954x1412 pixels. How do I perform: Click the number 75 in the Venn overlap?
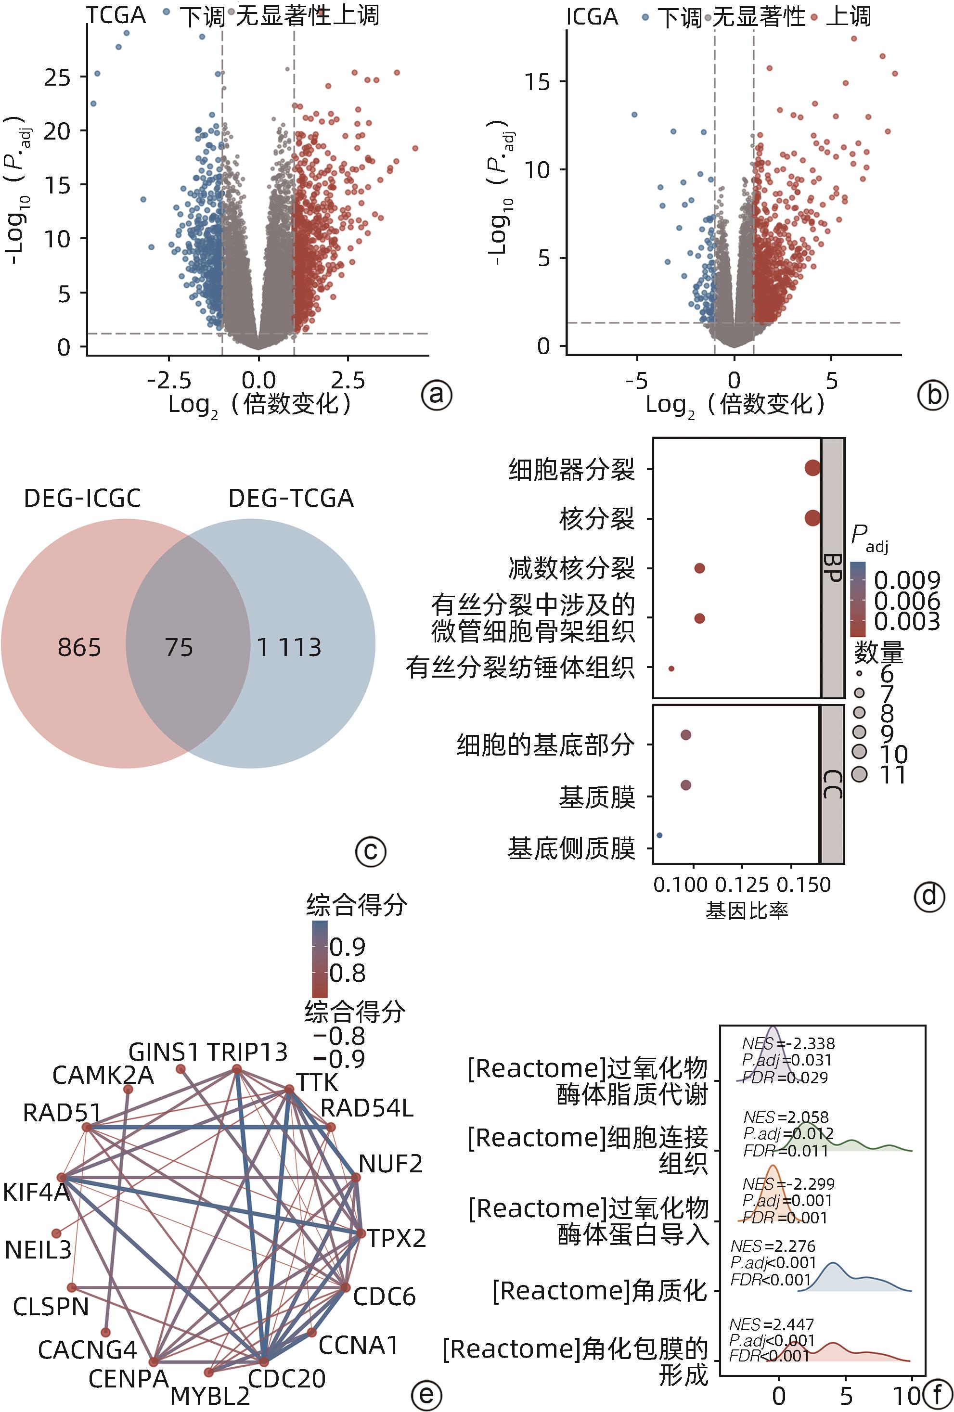[179, 648]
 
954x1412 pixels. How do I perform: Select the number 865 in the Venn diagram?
[79, 648]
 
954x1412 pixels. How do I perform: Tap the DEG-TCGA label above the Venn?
[290, 499]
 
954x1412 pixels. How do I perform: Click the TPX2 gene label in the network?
[396, 1239]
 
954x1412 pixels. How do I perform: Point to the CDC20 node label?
[287, 1379]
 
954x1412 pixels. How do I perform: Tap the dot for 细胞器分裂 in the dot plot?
[812, 468]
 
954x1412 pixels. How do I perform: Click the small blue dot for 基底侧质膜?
[659, 835]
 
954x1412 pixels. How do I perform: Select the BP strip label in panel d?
[832, 568]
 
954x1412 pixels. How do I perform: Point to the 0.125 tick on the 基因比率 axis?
[741, 885]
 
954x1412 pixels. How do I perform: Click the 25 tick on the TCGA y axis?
[57, 77]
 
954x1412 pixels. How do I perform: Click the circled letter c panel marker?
[371, 851]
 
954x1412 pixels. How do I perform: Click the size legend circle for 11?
[859, 774]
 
